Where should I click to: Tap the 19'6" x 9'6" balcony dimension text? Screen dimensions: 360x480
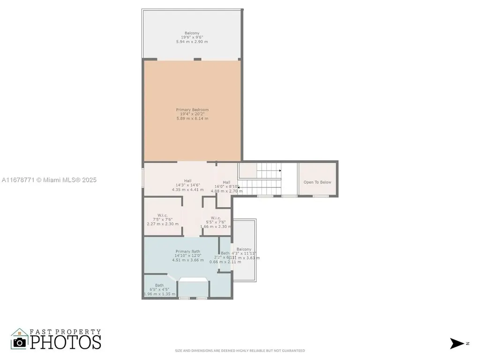point(192,37)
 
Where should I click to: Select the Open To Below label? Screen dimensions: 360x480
point(317,182)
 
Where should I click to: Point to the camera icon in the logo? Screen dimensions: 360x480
point(20,342)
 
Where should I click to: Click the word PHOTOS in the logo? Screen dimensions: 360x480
point(66,342)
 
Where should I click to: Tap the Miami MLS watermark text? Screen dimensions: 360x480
point(49,180)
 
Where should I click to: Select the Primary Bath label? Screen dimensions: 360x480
point(188,251)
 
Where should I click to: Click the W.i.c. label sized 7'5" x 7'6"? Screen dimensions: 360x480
point(163,216)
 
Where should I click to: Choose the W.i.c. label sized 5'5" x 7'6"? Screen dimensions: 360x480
point(216,217)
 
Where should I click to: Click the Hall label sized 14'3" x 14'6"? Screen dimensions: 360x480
point(187,181)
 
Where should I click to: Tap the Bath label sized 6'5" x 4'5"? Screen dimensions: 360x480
point(159,285)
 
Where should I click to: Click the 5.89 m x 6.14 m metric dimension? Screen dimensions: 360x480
point(192,119)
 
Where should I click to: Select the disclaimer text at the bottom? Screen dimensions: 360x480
point(240,351)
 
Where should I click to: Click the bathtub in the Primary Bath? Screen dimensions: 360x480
point(194,287)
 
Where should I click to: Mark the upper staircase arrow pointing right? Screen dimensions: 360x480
point(279,171)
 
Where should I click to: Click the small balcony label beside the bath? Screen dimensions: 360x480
point(244,249)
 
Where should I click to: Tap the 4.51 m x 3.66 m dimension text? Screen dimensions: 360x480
point(188,260)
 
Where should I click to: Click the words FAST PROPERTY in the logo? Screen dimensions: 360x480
point(65,332)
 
